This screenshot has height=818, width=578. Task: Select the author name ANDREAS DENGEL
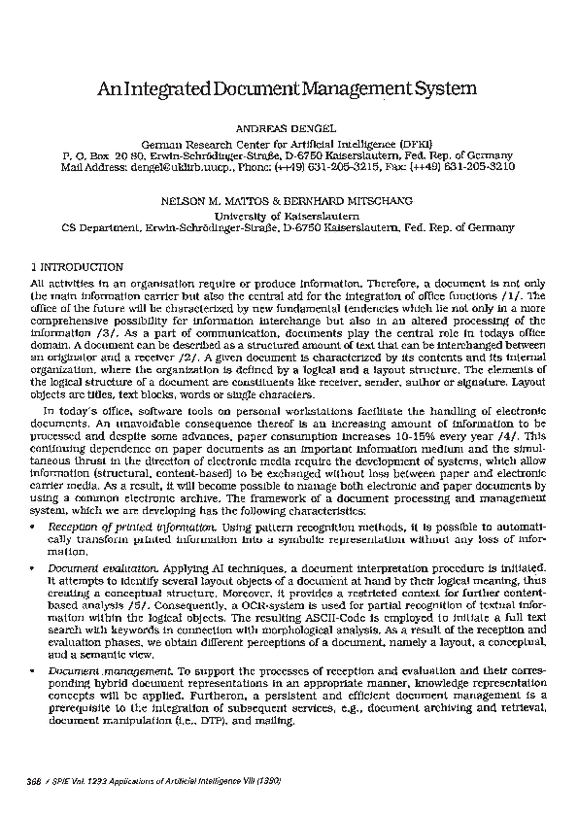tap(289, 127)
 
